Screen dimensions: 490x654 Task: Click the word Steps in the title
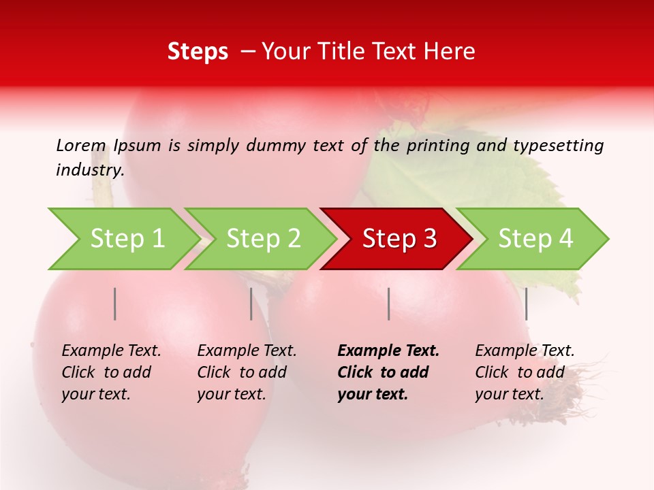(198, 52)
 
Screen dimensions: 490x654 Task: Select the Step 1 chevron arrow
(123, 238)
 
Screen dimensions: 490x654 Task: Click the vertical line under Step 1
(115, 304)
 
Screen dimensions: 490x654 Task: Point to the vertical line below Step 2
(251, 304)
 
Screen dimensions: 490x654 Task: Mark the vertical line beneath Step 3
(388, 304)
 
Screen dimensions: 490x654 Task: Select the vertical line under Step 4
(526, 304)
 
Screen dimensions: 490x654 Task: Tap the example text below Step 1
(111, 372)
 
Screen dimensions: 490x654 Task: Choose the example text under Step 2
(247, 372)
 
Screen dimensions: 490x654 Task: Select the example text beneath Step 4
(525, 372)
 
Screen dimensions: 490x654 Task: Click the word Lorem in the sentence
(81, 146)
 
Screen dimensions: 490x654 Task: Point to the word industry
(90, 170)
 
